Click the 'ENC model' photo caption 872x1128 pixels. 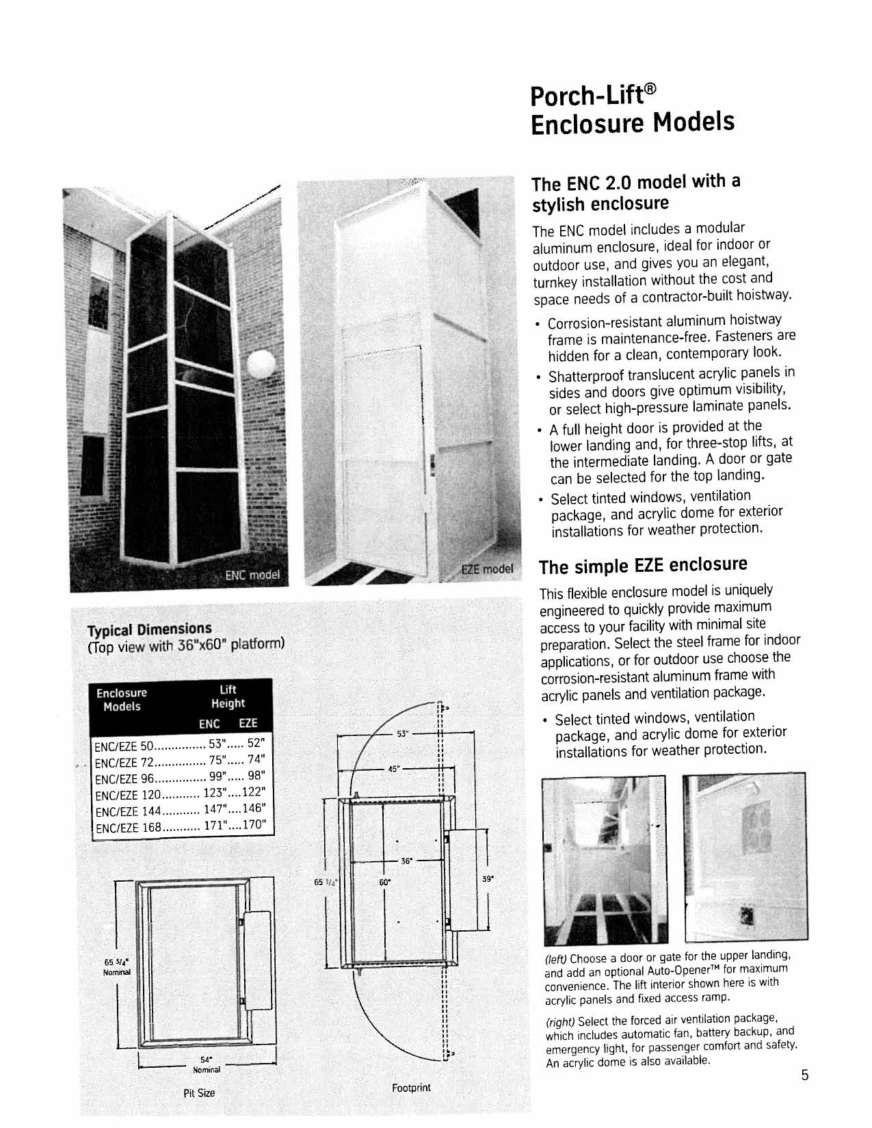pos(253,575)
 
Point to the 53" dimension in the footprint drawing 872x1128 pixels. pos(403,734)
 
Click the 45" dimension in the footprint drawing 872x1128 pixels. pos(393,769)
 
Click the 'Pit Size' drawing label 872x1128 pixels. pos(199,1093)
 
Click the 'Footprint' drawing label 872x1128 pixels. pos(411,1088)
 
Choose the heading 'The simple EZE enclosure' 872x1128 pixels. pos(643,566)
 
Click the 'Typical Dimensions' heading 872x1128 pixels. pos(149,629)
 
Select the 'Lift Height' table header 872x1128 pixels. pos(228,696)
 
